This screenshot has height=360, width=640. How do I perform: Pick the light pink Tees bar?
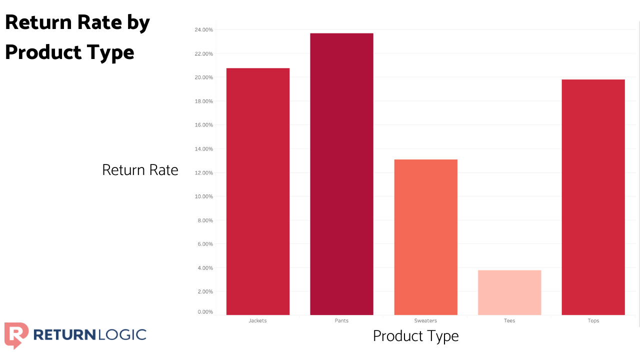pyautogui.click(x=509, y=292)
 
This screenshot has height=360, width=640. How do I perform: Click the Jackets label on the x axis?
pyautogui.click(x=257, y=320)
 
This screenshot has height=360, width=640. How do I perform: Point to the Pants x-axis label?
pyautogui.click(x=341, y=320)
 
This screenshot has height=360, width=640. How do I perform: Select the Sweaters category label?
pyautogui.click(x=425, y=320)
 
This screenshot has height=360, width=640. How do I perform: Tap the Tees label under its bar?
pyautogui.click(x=509, y=320)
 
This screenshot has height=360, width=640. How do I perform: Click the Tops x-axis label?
pyautogui.click(x=593, y=320)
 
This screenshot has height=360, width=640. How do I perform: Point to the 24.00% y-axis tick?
pyautogui.click(x=203, y=30)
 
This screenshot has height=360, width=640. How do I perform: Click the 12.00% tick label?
pyautogui.click(x=203, y=173)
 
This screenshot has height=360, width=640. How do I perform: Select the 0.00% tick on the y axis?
pyautogui.click(x=204, y=312)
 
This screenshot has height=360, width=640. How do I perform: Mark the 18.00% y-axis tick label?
pyautogui.click(x=203, y=101)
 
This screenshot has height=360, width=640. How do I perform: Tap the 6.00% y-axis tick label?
pyautogui.click(x=204, y=244)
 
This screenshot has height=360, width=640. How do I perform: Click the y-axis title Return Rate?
pyautogui.click(x=140, y=170)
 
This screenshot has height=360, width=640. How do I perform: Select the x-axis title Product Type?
pyautogui.click(x=415, y=336)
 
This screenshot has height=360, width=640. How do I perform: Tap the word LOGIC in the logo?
pyautogui.click(x=120, y=334)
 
